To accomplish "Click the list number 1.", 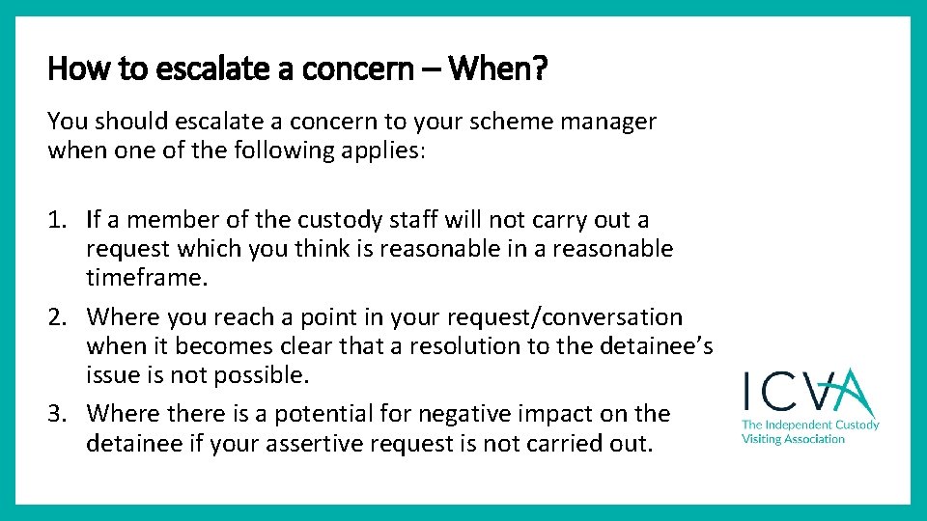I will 57,220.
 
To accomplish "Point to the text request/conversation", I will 559,317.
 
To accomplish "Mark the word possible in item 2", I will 267,375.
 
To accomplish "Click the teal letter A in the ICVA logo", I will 849,394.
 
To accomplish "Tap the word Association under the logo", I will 809,439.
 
